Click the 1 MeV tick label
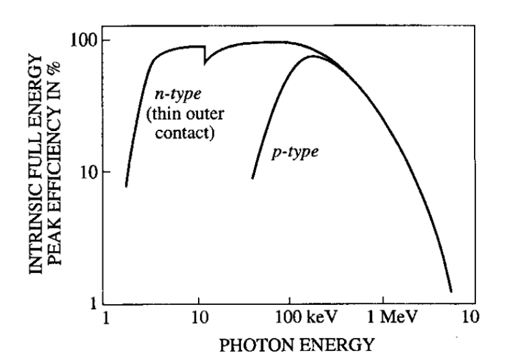pyautogui.click(x=387, y=318)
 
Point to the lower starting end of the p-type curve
pyautogui.click(x=252, y=178)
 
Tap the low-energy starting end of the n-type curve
pyautogui.click(x=126, y=186)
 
